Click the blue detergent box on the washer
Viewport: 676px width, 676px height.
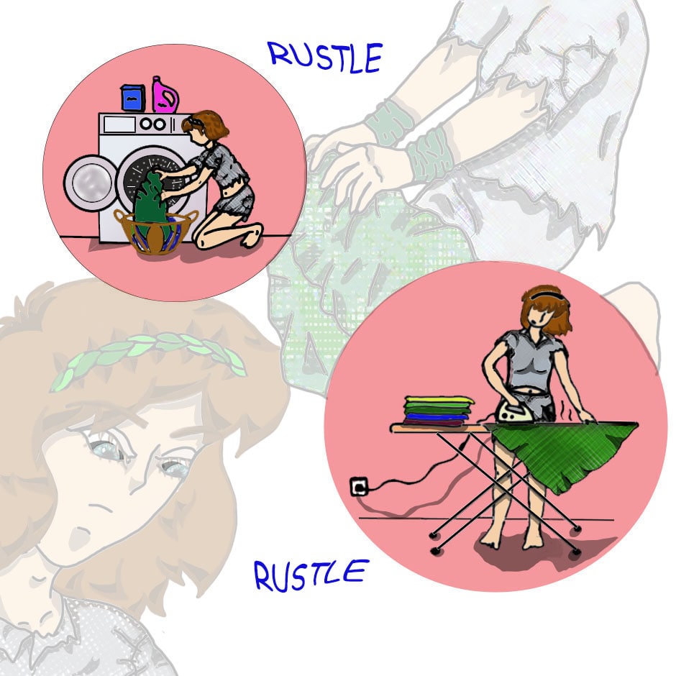(x=133, y=98)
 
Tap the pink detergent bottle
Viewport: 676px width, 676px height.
(x=164, y=95)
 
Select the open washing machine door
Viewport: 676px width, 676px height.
(x=90, y=182)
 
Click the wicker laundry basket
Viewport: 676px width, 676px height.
(x=155, y=231)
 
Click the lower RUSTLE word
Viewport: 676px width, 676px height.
(x=311, y=575)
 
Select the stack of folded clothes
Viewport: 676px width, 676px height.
(x=438, y=411)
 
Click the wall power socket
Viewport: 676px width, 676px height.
(x=359, y=486)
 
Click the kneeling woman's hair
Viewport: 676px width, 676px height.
(x=207, y=124)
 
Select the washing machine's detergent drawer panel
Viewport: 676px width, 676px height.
(x=119, y=124)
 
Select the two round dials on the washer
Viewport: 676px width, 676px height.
(x=152, y=124)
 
